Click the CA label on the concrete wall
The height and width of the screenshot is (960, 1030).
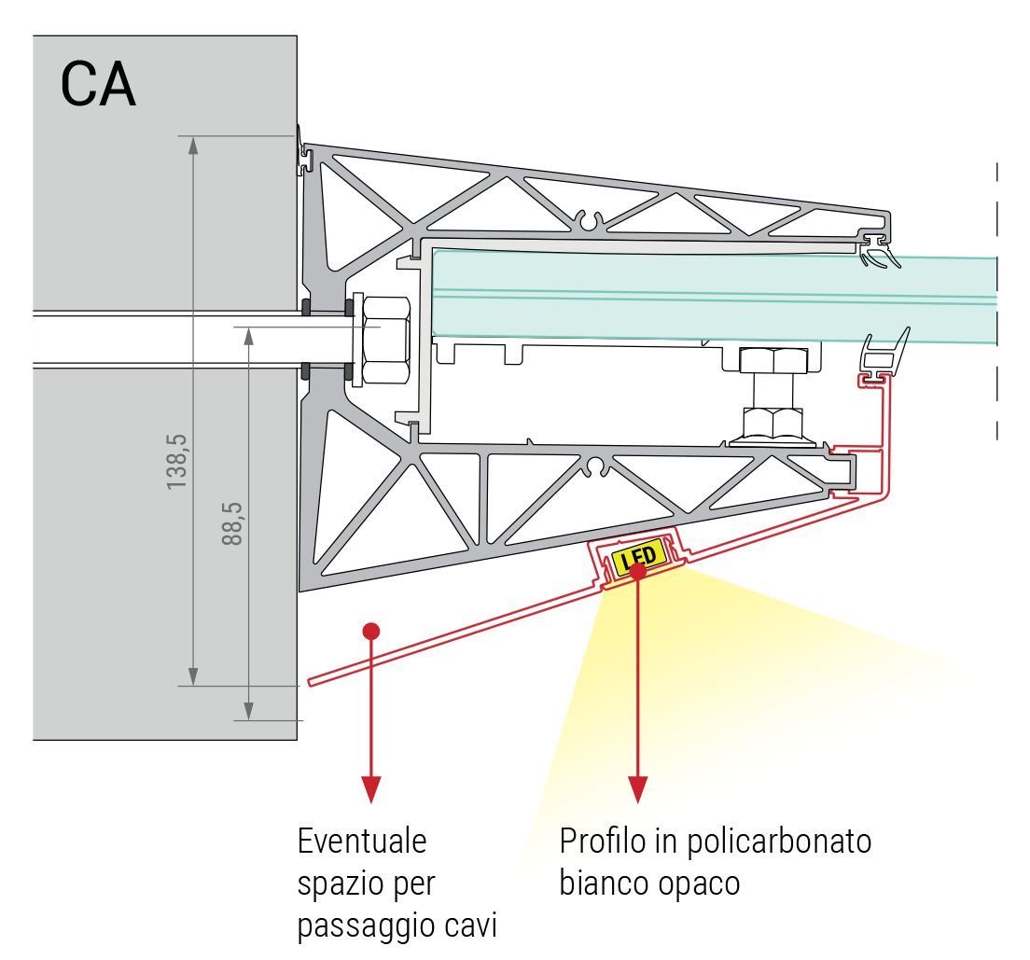(x=98, y=85)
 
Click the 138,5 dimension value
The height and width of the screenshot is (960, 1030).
(x=177, y=461)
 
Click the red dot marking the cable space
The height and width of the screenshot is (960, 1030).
(x=371, y=631)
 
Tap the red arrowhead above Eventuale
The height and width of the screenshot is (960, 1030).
(x=371, y=790)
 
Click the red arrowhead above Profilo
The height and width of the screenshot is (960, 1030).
(x=638, y=790)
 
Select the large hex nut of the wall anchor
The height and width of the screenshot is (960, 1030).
(x=383, y=340)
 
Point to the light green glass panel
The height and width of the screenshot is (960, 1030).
(x=709, y=293)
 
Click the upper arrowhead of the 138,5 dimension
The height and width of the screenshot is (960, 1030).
(x=193, y=146)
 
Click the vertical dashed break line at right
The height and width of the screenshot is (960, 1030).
(x=996, y=299)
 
